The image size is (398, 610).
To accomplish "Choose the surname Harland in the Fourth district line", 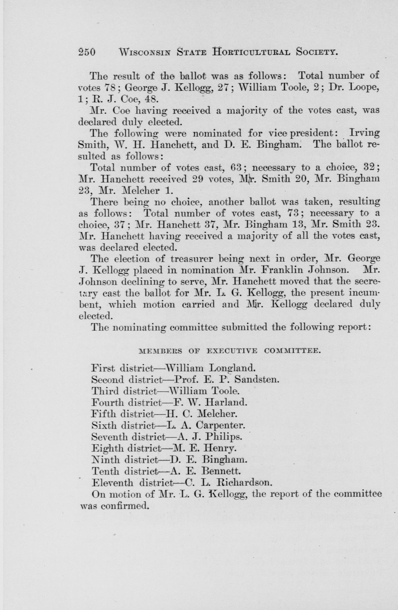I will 226,402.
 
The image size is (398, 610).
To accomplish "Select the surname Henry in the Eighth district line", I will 219,448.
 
